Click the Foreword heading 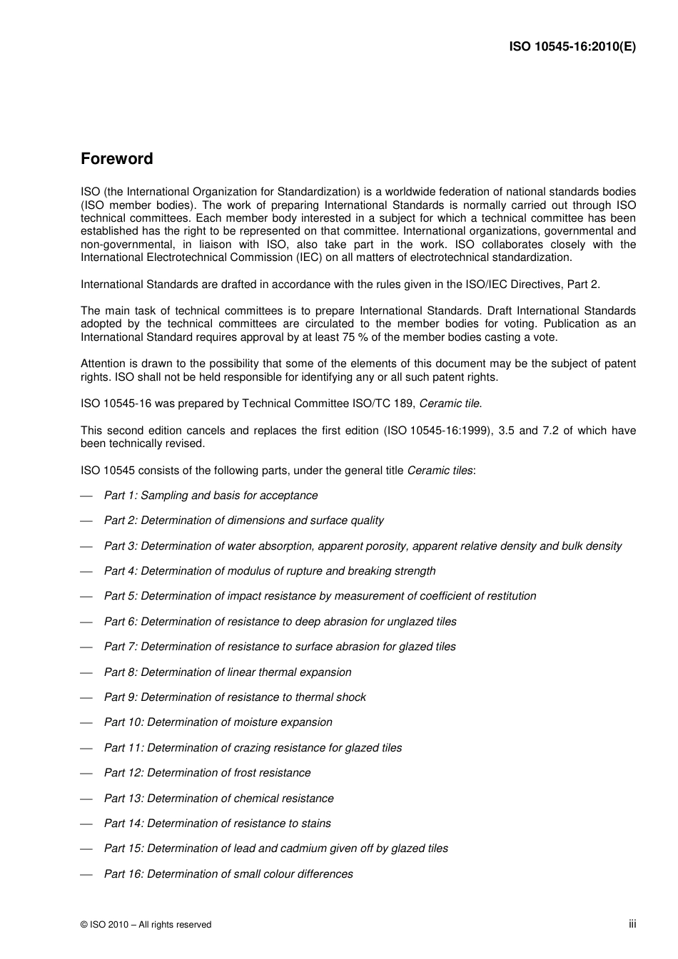116,159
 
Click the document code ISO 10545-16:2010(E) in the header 572,47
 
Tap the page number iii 632,924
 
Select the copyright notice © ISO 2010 146,925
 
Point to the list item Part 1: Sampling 211,496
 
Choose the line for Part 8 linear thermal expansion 228,672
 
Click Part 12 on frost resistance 207,773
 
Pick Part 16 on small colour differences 228,874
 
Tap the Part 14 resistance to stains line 217,824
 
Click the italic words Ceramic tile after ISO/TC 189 449,404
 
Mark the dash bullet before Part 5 87,597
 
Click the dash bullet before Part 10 87,723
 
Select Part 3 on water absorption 363,546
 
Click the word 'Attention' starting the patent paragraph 103,364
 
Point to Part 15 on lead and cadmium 275,848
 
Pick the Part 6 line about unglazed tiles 280,622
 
